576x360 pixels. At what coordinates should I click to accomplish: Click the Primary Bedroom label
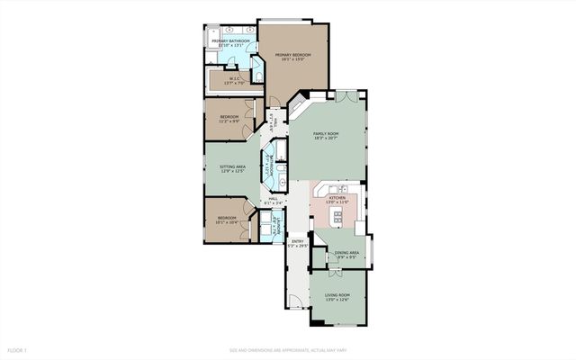(293, 57)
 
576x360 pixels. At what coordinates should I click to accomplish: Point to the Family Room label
(326, 136)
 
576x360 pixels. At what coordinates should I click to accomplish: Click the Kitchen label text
(337, 199)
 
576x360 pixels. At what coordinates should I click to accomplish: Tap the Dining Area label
(346, 254)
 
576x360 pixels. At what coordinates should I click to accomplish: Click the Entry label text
(296, 241)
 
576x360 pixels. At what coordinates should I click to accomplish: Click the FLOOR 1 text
(19, 349)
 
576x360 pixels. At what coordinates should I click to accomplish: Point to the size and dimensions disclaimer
(287, 349)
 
